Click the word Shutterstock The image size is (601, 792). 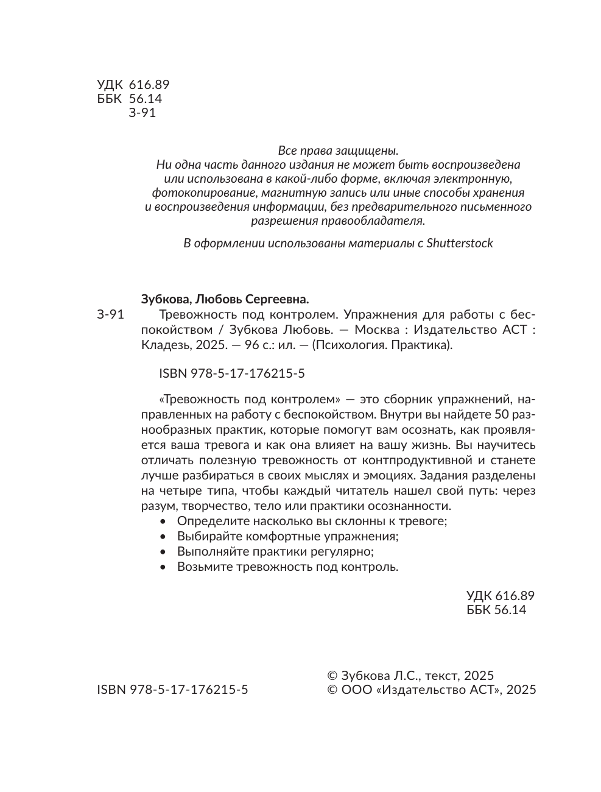coord(460,243)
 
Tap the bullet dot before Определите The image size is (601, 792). coord(162,522)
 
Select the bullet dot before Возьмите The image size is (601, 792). coord(162,567)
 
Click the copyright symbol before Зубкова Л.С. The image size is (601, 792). coord(332,676)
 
